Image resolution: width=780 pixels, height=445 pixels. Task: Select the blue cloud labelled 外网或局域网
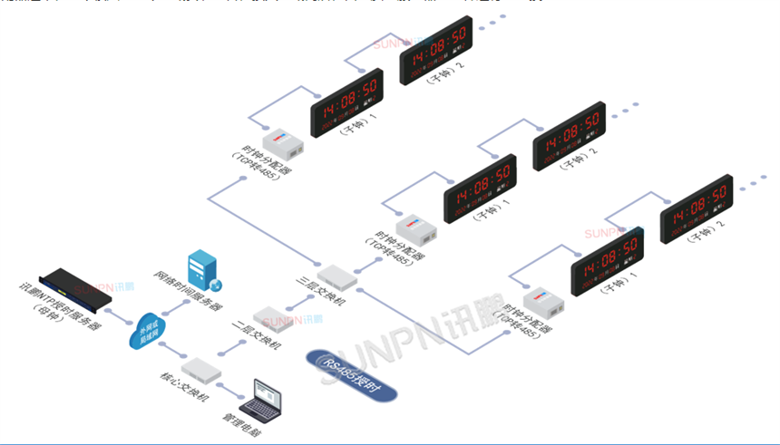[x=148, y=332]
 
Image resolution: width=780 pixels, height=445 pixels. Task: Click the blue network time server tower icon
[x=200, y=270]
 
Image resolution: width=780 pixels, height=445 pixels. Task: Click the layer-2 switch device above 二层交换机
[x=272, y=316]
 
